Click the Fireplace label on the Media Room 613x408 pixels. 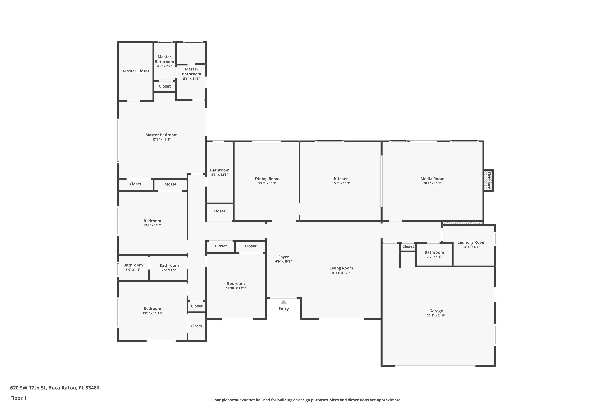tap(489, 181)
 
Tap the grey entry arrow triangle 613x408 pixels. tap(284, 302)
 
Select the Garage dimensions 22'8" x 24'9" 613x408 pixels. tap(436, 315)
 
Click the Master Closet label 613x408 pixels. tap(136, 71)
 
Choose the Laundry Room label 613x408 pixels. tap(471, 242)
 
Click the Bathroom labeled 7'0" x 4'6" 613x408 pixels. tap(434, 252)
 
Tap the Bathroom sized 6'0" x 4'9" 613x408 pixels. tap(133, 265)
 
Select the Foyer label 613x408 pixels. tap(283, 257)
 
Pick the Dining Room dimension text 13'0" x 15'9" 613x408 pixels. tap(267, 183)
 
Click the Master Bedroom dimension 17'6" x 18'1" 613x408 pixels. tap(161, 140)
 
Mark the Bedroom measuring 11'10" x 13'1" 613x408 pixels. tap(236, 284)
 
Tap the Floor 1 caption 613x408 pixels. tap(18, 398)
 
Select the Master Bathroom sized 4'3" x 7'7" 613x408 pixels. tap(164, 62)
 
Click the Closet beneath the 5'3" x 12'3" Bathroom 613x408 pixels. tap(219, 211)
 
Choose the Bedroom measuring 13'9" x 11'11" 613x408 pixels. tap(152, 309)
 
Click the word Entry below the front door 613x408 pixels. tap(284, 309)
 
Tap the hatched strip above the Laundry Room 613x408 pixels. tap(462, 223)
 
